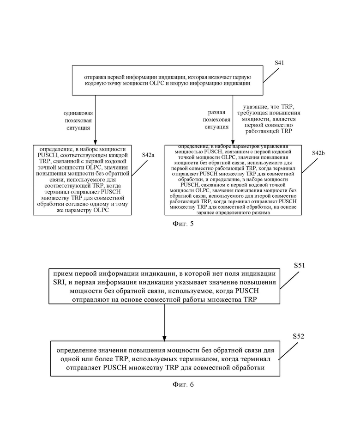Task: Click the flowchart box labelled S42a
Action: click(x=82, y=180)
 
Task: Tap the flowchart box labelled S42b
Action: click(x=233, y=180)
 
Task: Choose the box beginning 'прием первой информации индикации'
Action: click(x=164, y=286)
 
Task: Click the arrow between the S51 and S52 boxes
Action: click(x=164, y=322)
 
